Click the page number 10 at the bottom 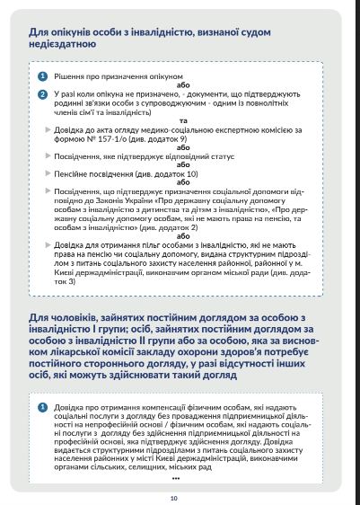click(174, 472)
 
